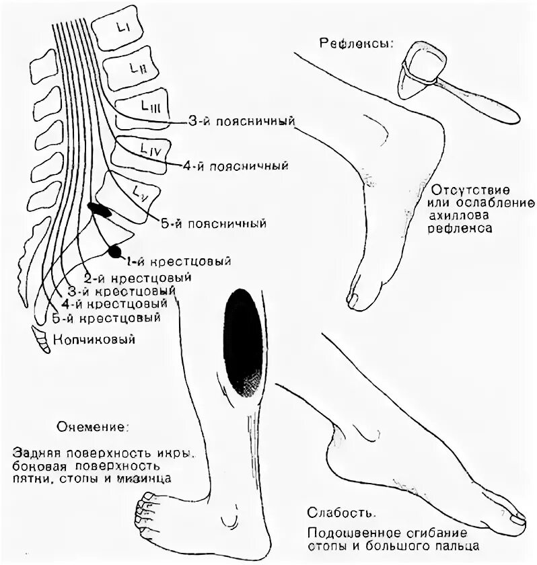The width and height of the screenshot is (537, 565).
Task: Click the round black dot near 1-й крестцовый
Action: pyautogui.click(x=115, y=252)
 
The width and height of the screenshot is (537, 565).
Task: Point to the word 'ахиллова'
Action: pyautogui.click(x=460, y=215)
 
